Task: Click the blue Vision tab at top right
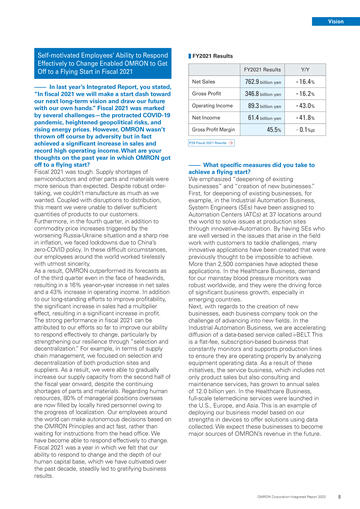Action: pos(335,20)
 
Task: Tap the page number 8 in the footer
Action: pos(342,496)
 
